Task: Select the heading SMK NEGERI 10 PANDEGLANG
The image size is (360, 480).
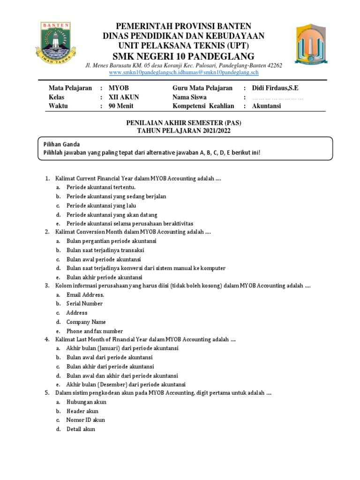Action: (x=183, y=56)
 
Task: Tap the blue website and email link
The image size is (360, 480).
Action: (x=183, y=73)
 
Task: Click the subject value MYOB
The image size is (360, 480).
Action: (x=118, y=88)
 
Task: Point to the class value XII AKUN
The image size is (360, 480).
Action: (x=124, y=97)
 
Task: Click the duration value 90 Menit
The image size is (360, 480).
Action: (x=121, y=106)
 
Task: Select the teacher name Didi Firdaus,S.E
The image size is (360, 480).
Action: (x=275, y=88)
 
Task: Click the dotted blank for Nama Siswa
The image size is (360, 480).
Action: (x=277, y=98)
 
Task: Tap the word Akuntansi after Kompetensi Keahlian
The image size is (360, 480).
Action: (x=266, y=106)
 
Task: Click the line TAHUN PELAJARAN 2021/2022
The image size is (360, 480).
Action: (x=183, y=131)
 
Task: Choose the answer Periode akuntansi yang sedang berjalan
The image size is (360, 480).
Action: (x=116, y=196)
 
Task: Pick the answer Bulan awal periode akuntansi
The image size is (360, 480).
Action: (x=104, y=259)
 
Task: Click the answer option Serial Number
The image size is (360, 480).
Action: (x=84, y=303)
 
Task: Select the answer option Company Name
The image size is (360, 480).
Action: (x=86, y=322)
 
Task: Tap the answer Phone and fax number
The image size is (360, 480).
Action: (x=95, y=331)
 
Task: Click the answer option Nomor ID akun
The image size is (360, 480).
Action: (x=86, y=420)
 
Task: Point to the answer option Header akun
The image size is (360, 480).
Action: (x=82, y=411)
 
